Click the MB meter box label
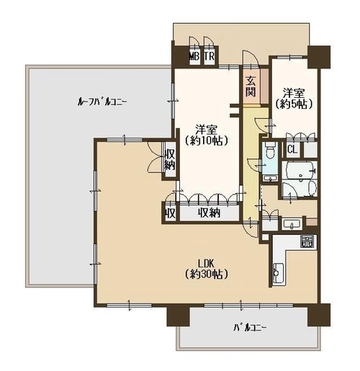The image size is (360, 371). (x=194, y=57)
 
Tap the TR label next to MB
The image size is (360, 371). (x=209, y=57)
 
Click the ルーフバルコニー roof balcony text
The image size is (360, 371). (x=102, y=102)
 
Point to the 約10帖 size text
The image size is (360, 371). (x=207, y=141)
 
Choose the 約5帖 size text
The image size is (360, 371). (x=294, y=104)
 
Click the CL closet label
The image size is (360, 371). (x=292, y=149)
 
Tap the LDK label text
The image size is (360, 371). (x=206, y=264)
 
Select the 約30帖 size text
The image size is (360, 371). (x=207, y=274)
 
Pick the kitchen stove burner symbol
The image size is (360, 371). (x=307, y=241)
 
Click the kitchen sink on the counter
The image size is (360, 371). (x=278, y=273)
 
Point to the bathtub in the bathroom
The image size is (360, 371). (x=300, y=170)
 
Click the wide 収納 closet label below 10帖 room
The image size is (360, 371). (x=209, y=213)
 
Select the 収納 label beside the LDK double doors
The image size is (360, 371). (x=170, y=159)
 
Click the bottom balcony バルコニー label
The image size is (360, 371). (x=250, y=328)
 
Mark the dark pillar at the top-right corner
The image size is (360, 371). (x=319, y=57)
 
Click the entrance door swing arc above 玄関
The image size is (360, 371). (x=251, y=57)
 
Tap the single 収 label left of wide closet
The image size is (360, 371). (x=170, y=213)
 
